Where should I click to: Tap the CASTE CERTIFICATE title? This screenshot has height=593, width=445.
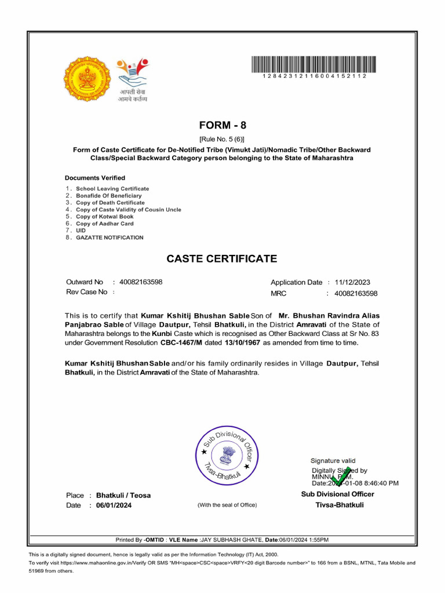click(x=222, y=259)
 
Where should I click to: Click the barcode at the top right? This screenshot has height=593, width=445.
click(x=313, y=64)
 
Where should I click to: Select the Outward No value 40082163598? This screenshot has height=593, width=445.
click(x=141, y=282)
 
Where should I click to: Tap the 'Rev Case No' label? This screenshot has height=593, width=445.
click(x=86, y=292)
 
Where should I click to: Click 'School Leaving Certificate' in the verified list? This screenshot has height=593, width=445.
click(x=112, y=189)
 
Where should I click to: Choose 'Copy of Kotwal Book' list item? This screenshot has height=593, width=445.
click(x=104, y=217)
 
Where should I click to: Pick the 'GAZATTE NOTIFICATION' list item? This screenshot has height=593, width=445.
click(x=110, y=237)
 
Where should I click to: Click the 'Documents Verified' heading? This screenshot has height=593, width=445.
click(x=94, y=178)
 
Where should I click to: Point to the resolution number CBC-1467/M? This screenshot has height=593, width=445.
click(x=181, y=343)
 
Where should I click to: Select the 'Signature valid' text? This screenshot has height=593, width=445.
click(x=334, y=460)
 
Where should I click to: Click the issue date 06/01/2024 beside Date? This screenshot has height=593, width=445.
click(x=114, y=506)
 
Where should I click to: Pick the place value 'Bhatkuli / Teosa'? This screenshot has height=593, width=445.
click(x=123, y=496)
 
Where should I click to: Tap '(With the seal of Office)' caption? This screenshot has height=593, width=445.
click(x=227, y=505)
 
